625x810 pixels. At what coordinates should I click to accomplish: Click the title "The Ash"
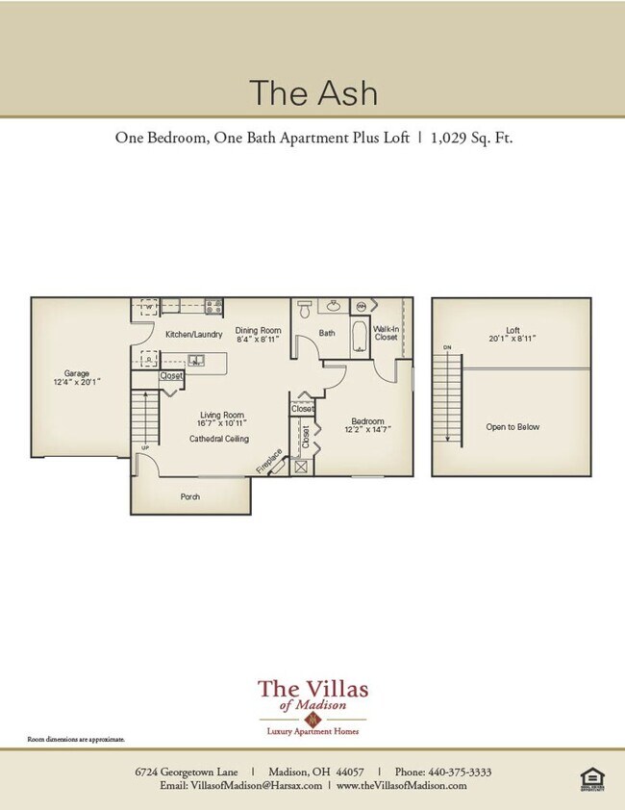point(312,92)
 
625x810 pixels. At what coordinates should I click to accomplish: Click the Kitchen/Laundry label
point(193,334)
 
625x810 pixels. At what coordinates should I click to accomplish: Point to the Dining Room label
point(258,334)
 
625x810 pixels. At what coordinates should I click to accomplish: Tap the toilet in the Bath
point(305,309)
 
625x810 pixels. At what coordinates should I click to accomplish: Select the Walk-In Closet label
point(386,333)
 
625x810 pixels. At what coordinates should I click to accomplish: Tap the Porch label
point(190,497)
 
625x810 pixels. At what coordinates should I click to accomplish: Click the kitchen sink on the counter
point(196,361)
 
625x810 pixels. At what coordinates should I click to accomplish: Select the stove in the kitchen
point(213,308)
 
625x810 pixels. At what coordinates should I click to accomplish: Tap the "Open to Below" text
point(513,427)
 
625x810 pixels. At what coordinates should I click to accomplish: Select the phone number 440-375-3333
point(457,772)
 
